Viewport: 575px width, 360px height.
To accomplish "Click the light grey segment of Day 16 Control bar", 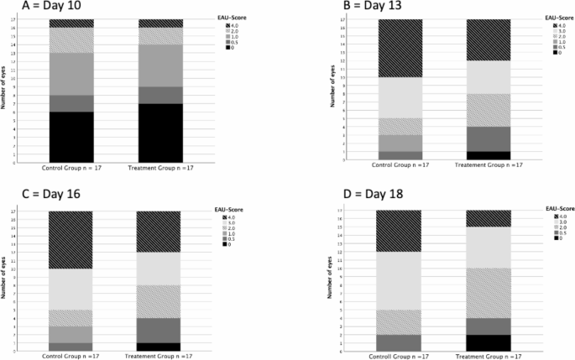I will point(71,290).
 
